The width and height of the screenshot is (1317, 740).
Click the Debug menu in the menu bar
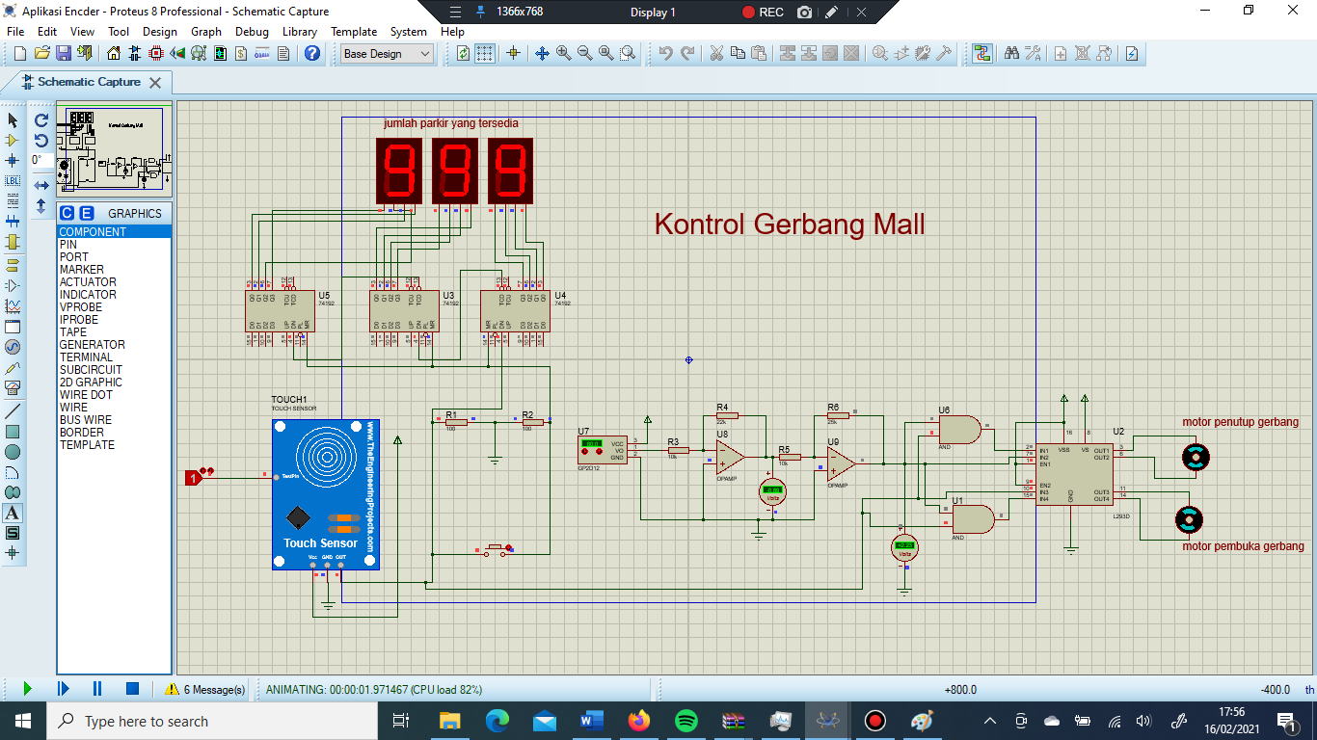(252, 32)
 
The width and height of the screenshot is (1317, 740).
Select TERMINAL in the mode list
(86, 357)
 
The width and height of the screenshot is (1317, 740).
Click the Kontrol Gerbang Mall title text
(789, 225)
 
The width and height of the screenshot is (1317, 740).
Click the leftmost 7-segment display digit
(398, 171)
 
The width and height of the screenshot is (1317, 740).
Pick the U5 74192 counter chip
(280, 311)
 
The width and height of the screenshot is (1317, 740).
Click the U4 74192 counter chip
(516, 311)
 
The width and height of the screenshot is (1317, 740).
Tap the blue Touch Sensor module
(325, 493)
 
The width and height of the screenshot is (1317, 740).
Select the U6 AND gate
(959, 430)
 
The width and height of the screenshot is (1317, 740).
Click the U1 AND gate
(972, 519)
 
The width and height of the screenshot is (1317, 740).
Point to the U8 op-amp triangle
(730, 457)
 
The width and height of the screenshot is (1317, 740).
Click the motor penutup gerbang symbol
(1196, 458)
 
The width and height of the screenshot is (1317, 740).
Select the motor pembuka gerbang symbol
(1189, 520)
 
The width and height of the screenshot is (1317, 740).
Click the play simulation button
(27, 689)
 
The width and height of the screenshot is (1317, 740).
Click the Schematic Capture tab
(88, 82)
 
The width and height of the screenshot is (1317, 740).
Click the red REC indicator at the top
(763, 13)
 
